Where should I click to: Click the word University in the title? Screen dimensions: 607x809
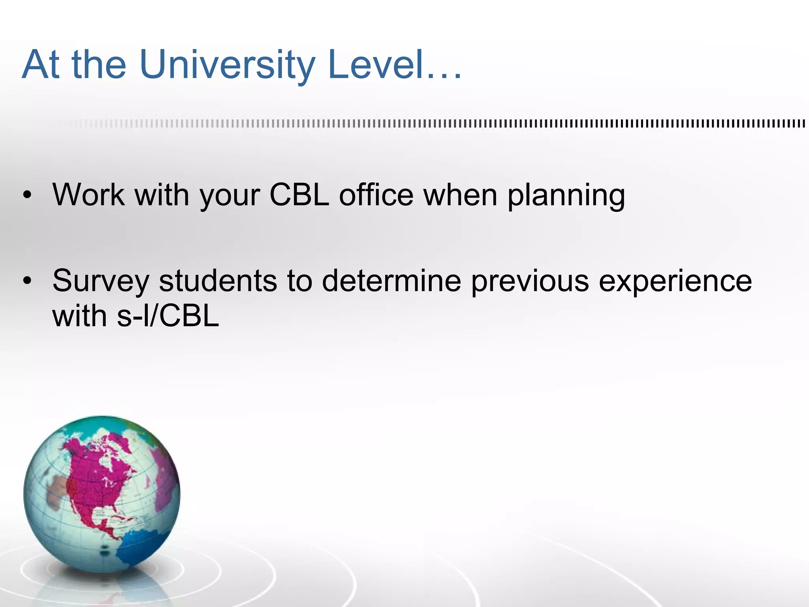click(x=227, y=65)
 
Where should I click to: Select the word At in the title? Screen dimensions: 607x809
click(x=41, y=65)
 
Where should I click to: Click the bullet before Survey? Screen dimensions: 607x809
click(x=27, y=281)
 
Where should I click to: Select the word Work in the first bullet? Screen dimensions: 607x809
click(x=88, y=195)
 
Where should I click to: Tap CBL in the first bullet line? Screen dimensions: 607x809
click(x=299, y=195)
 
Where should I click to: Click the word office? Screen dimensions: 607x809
click(x=376, y=195)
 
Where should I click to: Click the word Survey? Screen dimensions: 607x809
click(x=101, y=282)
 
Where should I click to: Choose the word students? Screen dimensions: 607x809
click(x=218, y=281)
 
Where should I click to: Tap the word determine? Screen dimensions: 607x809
click(x=391, y=281)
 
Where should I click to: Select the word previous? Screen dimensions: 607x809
click(x=530, y=282)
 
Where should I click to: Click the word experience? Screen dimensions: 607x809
click(x=675, y=282)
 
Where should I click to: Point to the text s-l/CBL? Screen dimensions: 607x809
click(x=167, y=316)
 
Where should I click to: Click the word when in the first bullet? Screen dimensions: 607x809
click(x=460, y=195)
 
